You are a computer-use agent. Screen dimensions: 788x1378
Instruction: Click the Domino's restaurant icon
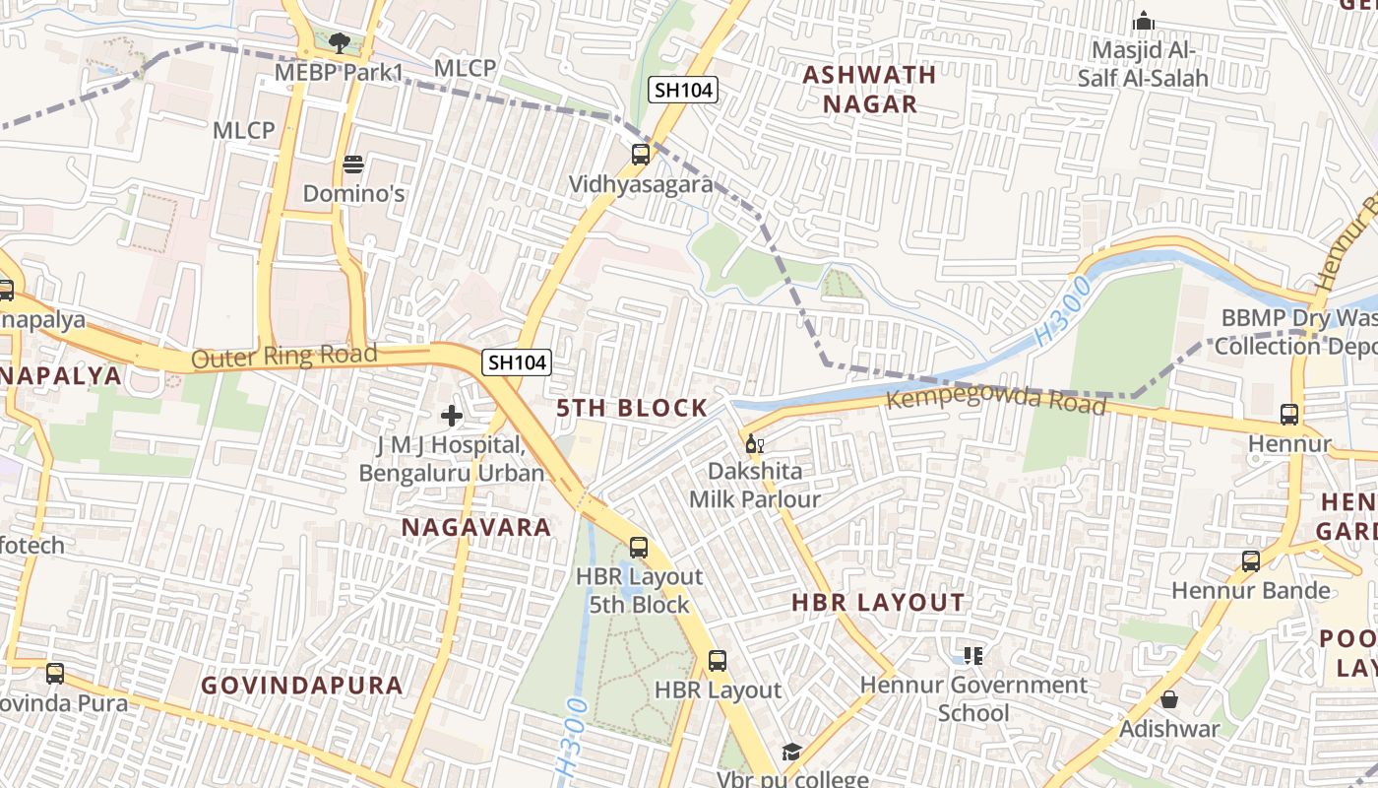[353, 164]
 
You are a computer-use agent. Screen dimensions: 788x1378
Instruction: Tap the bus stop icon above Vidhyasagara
[641, 155]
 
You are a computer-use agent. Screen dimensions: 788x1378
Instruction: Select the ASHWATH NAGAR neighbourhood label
[869, 89]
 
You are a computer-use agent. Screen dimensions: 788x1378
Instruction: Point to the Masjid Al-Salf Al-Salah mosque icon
[1143, 21]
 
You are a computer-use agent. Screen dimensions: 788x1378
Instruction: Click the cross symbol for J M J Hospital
[452, 416]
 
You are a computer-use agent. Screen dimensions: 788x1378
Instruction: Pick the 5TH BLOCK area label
[632, 408]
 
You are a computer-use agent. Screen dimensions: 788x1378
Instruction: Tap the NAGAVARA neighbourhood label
[476, 527]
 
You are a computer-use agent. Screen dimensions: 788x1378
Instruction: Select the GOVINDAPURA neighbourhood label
[302, 685]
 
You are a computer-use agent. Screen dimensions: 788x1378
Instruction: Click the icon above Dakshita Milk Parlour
[754, 443]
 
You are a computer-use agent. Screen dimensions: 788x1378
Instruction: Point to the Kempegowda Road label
[996, 401]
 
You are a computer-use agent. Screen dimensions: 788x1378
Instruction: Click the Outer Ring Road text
[283, 356]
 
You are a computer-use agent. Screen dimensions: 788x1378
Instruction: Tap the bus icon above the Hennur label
[1289, 415]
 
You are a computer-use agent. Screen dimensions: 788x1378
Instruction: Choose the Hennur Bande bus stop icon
[1251, 561]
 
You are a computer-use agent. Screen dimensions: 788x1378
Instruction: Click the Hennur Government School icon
[973, 655]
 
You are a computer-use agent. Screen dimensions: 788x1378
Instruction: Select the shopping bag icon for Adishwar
[1169, 699]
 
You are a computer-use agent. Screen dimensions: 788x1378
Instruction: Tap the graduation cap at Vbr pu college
[791, 753]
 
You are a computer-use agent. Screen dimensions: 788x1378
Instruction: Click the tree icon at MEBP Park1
[340, 43]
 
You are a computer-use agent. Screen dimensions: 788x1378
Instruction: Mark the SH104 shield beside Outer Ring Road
[517, 362]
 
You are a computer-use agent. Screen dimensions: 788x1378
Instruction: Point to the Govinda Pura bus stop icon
[55, 674]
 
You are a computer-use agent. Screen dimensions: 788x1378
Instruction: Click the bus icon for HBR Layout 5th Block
[639, 548]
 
